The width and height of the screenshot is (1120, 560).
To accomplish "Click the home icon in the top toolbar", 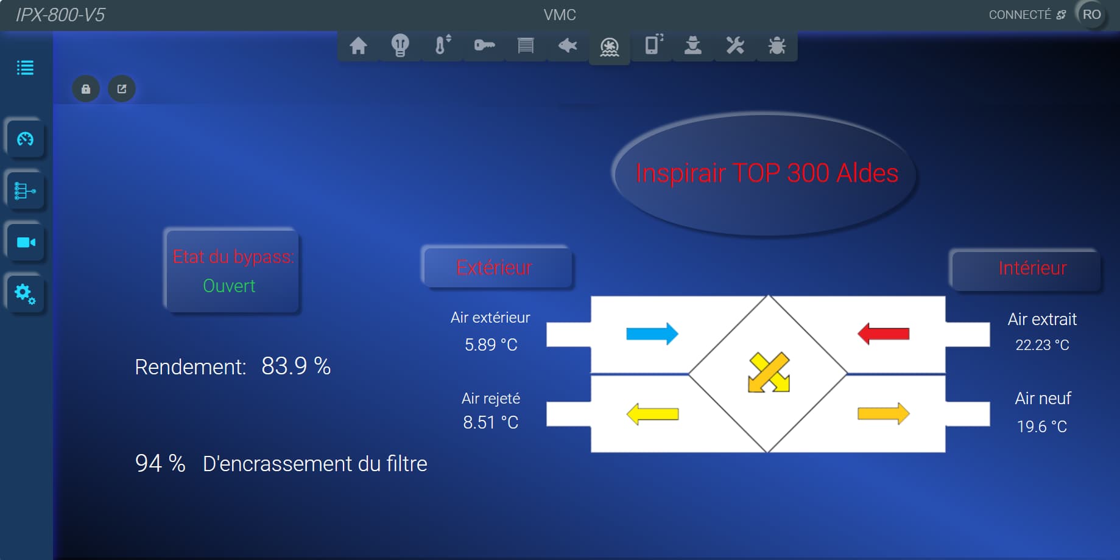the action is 358,46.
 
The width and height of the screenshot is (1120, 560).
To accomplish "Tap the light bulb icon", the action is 400,46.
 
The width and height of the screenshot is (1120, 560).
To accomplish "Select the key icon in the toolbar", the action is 484,45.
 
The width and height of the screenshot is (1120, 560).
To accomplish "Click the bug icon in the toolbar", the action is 777,46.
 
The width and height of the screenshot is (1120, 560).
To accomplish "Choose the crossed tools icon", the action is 735,46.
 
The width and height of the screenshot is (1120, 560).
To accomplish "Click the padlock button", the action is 86,89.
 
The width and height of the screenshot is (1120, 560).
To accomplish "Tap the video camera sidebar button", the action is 26,242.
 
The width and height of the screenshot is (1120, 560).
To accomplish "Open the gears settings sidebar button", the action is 26,294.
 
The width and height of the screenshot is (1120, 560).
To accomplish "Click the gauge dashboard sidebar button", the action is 26,139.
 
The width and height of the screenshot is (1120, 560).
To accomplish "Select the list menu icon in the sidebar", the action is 25,68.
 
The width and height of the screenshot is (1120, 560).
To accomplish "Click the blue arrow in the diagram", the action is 652,334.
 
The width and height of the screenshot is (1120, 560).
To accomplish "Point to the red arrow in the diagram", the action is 883,334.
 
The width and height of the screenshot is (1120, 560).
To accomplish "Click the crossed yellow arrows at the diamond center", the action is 769,373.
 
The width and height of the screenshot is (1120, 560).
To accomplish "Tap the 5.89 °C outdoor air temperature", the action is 491,345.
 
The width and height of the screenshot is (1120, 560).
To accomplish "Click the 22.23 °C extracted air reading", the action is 1042,345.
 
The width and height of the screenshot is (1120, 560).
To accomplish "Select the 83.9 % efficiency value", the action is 296,366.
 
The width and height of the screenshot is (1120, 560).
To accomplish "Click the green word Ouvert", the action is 229,286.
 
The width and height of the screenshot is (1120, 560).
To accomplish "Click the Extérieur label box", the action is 497,268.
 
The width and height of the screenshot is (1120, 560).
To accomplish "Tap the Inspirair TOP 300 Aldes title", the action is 767,173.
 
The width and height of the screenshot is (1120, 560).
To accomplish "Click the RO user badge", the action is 1091,15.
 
